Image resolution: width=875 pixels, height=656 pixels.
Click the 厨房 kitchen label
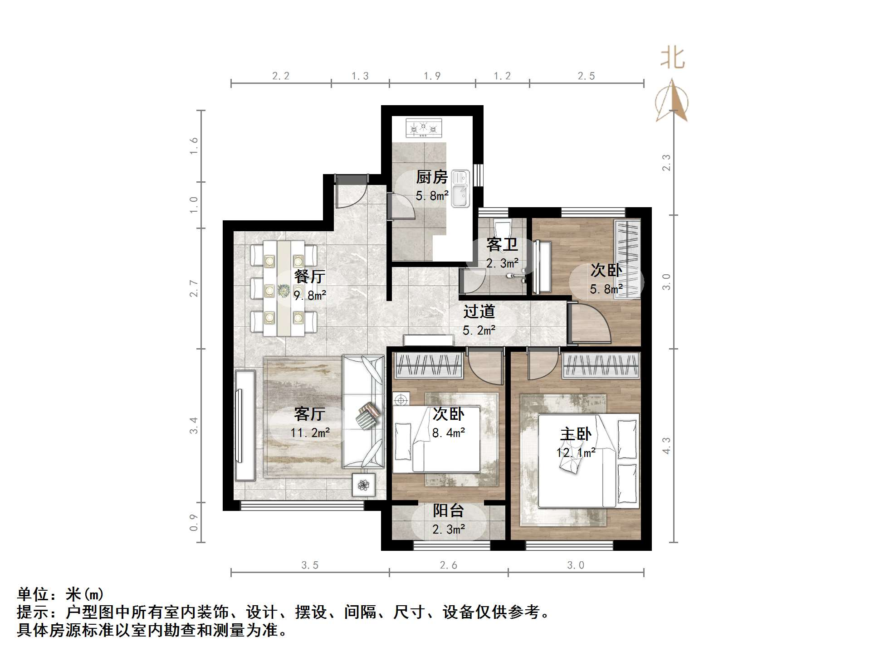[x=432, y=177]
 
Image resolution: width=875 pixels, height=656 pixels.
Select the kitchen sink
[x=460, y=189]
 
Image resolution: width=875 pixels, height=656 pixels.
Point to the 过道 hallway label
[x=479, y=312]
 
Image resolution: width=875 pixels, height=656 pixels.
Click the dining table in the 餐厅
[x=284, y=289]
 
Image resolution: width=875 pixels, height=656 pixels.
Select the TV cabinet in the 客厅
[x=244, y=425]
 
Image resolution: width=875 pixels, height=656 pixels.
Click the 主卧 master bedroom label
[x=576, y=434]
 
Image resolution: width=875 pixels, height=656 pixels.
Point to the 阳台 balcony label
[x=448, y=511]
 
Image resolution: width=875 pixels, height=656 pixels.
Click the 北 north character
[x=672, y=58]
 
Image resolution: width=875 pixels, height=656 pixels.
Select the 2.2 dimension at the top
[x=281, y=76]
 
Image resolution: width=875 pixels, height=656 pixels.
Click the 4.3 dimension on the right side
[x=666, y=445]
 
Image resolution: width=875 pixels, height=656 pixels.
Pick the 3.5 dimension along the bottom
[x=310, y=565]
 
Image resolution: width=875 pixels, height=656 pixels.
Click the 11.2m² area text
[x=310, y=433]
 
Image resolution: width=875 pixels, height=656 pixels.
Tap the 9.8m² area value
[x=310, y=296]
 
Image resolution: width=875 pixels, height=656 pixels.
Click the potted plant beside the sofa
[x=364, y=485]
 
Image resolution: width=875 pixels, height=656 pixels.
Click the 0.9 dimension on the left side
[x=194, y=522]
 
